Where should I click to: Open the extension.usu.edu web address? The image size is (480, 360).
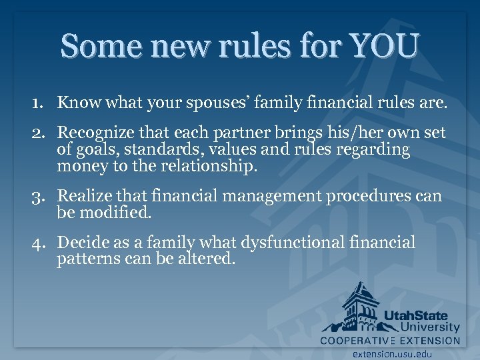click(x=392, y=353)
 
